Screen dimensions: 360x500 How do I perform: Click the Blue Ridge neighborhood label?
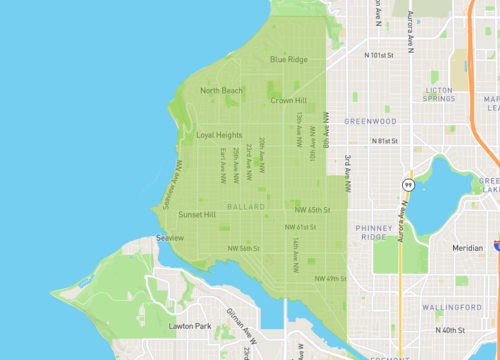pyautogui.click(x=289, y=60)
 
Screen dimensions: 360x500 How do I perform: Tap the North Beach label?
pyautogui.click(x=221, y=91)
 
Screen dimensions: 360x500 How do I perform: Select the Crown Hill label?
pyautogui.click(x=287, y=101)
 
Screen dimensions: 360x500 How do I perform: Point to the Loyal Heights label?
pyautogui.click(x=219, y=135)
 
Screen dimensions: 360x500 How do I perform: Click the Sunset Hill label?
pyautogui.click(x=197, y=215)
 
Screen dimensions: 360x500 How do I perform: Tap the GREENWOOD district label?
pyautogui.click(x=370, y=121)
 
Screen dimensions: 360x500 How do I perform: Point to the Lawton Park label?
pyautogui.click(x=189, y=327)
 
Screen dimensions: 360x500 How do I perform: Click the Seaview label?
pyautogui.click(x=171, y=238)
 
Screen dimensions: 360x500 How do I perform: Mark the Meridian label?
pyautogui.click(x=467, y=247)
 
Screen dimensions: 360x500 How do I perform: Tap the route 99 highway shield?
pyautogui.click(x=408, y=185)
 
